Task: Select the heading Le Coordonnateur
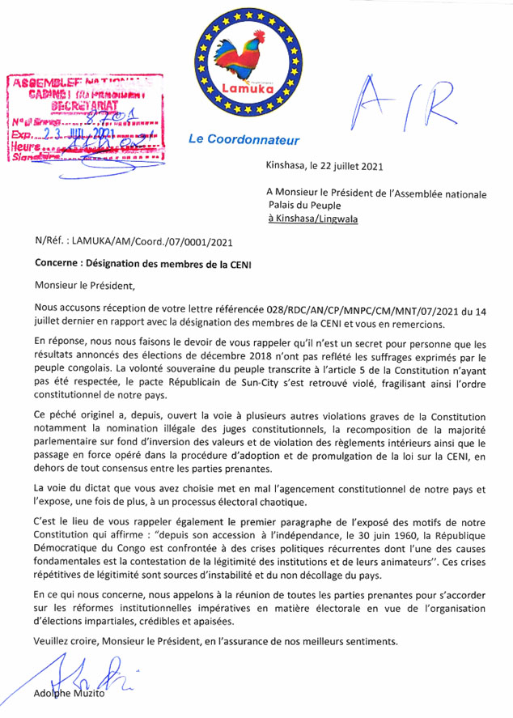pyautogui.click(x=233, y=139)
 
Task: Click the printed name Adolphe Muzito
pyautogui.click(x=73, y=696)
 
